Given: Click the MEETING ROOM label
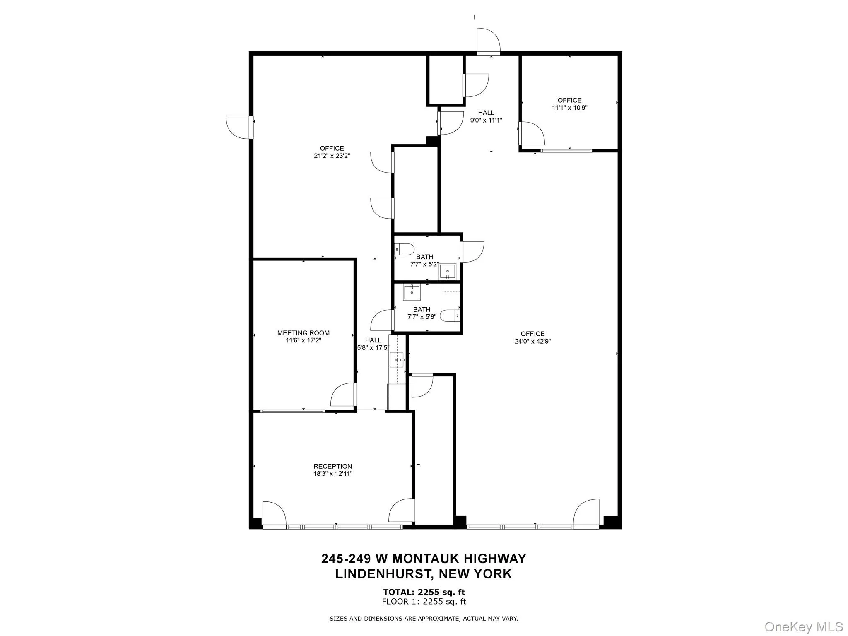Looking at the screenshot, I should click(x=303, y=333).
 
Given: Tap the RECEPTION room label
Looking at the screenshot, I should click(x=332, y=466).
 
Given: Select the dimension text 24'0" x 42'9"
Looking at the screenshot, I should click(x=532, y=342).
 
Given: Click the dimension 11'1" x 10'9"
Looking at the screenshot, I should click(x=569, y=108).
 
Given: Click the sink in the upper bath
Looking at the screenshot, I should click(x=448, y=272).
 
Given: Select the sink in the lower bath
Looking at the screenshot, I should click(x=412, y=293).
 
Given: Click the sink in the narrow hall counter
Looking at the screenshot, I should click(x=397, y=360).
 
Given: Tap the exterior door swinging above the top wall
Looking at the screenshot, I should click(x=488, y=41).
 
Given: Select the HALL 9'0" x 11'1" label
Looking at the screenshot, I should click(x=486, y=116).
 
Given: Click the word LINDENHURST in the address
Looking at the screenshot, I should click(x=385, y=574).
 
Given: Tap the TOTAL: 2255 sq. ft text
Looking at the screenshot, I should click(x=424, y=592).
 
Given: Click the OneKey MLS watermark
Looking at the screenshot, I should click(x=803, y=626).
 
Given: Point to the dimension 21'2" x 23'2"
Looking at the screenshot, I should click(x=332, y=156).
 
